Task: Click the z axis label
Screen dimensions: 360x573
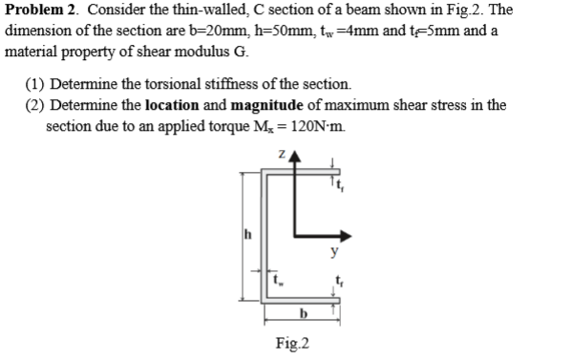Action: [281, 156]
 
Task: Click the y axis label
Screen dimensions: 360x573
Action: [333, 254]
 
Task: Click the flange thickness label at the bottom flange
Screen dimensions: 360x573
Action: [338, 282]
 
